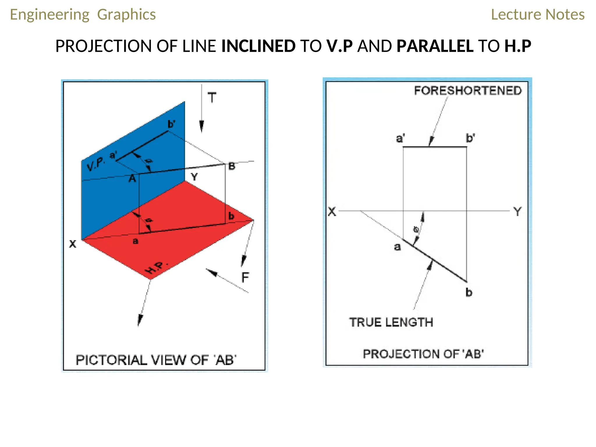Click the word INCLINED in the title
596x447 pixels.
pyautogui.click(x=258, y=46)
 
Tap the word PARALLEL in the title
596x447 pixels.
pyautogui.click(x=435, y=46)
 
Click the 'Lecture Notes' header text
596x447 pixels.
pyautogui.click(x=538, y=15)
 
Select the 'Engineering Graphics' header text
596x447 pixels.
pyautogui.click(x=83, y=15)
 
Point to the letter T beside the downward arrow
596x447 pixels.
pyautogui.click(x=212, y=98)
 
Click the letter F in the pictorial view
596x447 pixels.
pyautogui.click(x=245, y=277)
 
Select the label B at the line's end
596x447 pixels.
pyautogui.click(x=232, y=166)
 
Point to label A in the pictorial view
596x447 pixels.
pyautogui.click(x=132, y=178)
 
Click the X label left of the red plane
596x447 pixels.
pyautogui.click(x=73, y=244)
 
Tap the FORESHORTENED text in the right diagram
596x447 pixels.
pyautogui.click(x=468, y=91)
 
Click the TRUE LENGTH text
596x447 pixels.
pyautogui.click(x=391, y=322)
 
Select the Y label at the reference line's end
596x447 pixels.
pyautogui.click(x=517, y=212)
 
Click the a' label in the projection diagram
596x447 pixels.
pyautogui.click(x=400, y=138)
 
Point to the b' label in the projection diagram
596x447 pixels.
pyautogui.click(x=470, y=138)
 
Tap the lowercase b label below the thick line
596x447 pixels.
pyautogui.click(x=469, y=292)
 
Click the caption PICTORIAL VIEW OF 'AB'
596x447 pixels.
pyautogui.click(x=156, y=360)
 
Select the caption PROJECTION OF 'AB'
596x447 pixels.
pyautogui.click(x=423, y=354)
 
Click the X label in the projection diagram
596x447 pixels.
pyautogui.click(x=332, y=212)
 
